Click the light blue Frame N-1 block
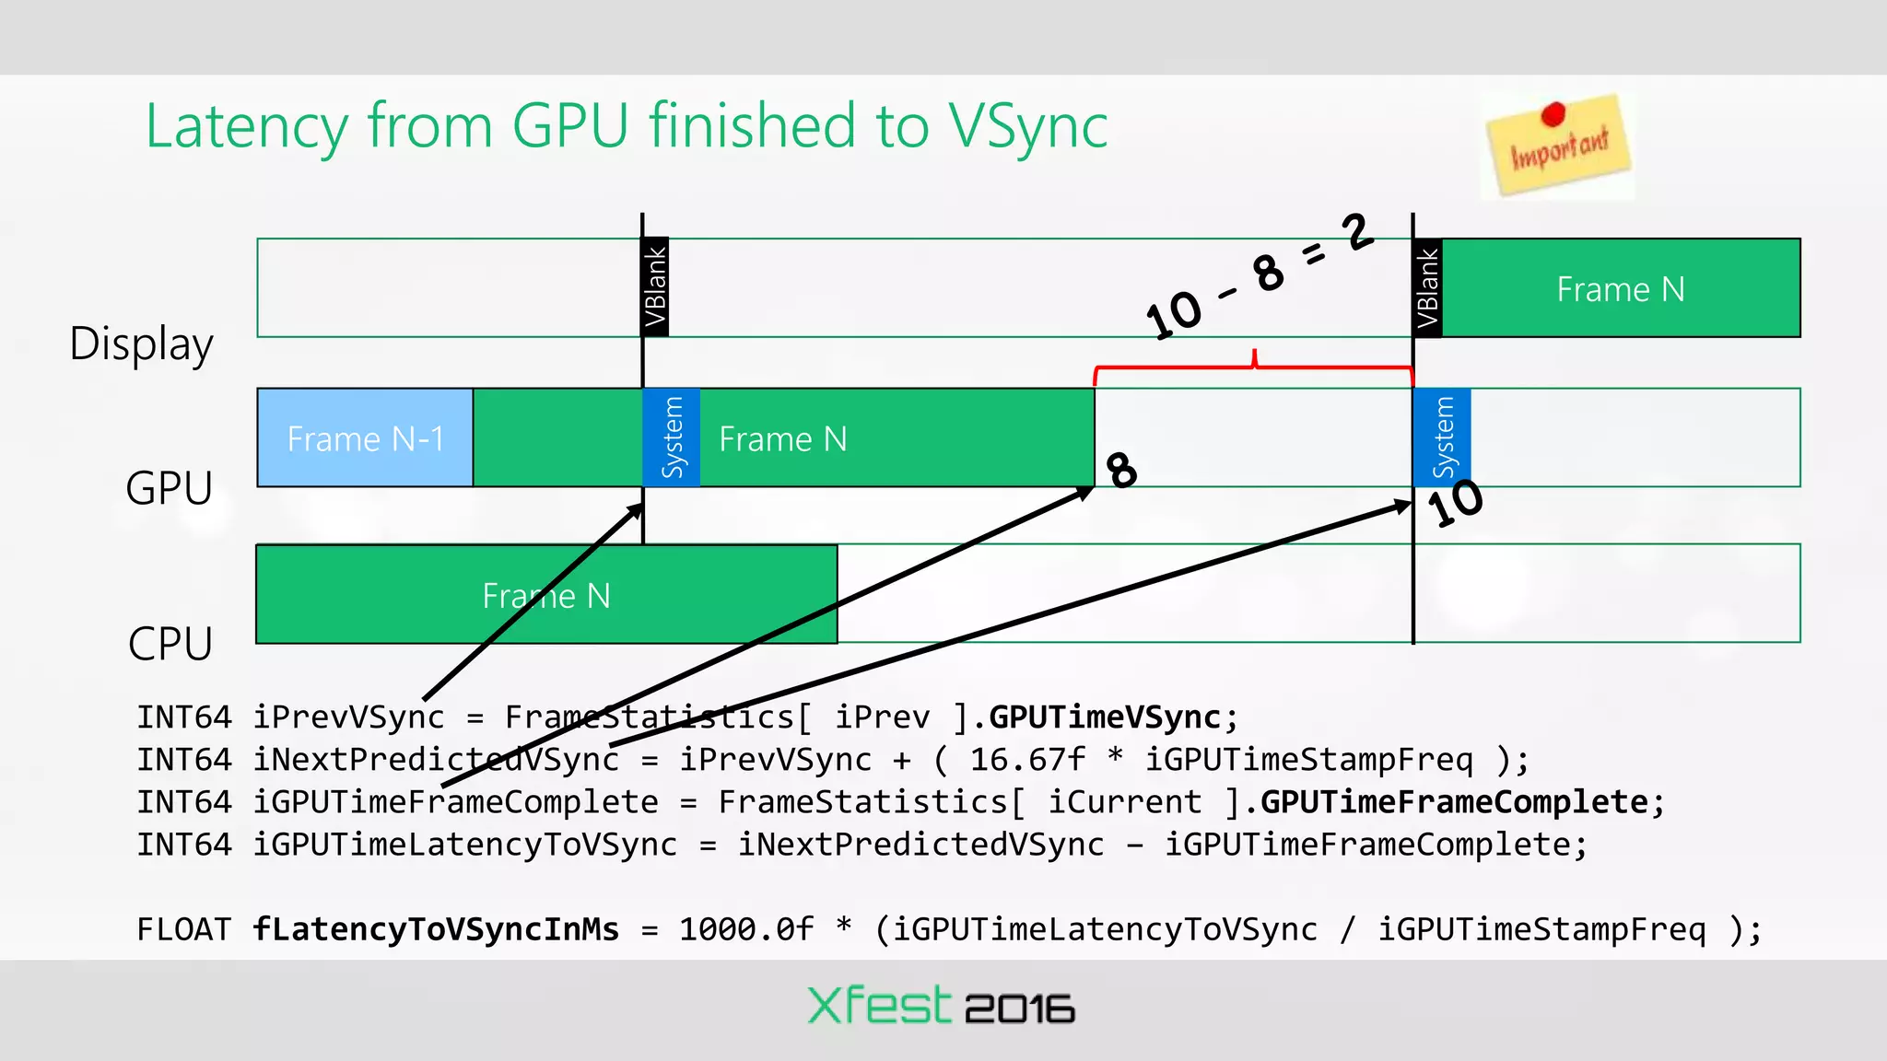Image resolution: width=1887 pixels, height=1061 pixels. [x=365, y=438]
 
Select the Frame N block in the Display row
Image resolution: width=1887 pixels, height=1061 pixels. [x=1620, y=289]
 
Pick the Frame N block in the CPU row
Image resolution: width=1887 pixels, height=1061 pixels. [x=545, y=595]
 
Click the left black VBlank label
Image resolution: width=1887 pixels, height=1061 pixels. [x=654, y=286]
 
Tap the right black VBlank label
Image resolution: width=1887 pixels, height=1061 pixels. [x=1427, y=287]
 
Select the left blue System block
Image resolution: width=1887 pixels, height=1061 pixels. [x=672, y=437]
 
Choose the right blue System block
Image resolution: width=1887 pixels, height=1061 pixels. [x=1442, y=437]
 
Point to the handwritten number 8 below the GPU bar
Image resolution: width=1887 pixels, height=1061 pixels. [x=1121, y=470]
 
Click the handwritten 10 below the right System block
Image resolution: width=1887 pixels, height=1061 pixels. [x=1455, y=503]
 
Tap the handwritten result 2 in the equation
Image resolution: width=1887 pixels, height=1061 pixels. [x=1357, y=231]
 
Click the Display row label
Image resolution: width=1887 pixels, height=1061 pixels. [x=141, y=344]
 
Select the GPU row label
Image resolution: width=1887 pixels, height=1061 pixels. [x=169, y=488]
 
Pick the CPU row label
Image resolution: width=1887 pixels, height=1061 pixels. [x=170, y=644]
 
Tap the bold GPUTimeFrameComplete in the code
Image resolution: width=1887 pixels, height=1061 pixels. [x=1453, y=802]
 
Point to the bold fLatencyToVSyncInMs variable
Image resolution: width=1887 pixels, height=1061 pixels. [x=436, y=929]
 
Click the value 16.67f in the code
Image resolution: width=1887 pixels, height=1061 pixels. [x=1027, y=760]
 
